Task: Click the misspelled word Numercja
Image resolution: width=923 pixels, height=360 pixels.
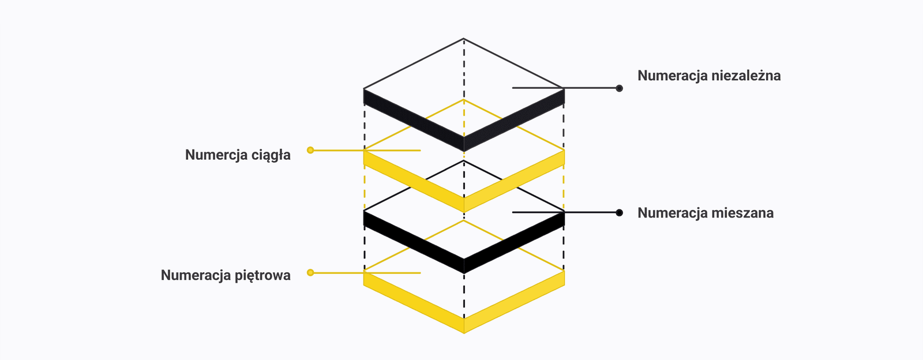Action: (216, 155)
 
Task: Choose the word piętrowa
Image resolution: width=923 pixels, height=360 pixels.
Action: (263, 275)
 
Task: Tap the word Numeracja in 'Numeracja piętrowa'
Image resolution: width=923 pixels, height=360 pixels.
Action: (196, 275)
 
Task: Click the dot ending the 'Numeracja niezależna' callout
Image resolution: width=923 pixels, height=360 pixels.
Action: (619, 88)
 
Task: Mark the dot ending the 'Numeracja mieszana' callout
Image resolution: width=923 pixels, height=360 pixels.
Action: (619, 212)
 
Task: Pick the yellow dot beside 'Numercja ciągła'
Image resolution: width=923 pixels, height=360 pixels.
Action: (310, 151)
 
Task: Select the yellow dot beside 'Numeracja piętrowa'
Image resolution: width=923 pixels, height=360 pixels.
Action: (310, 273)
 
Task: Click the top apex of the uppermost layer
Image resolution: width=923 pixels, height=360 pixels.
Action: (464, 39)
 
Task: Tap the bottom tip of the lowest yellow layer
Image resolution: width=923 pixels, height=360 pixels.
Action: (464, 333)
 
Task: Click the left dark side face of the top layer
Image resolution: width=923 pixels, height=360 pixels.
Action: (413, 120)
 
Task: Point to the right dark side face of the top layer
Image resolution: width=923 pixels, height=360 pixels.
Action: (514, 120)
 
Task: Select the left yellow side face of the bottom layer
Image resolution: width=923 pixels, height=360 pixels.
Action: (413, 302)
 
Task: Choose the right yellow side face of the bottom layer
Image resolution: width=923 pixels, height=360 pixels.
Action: (514, 302)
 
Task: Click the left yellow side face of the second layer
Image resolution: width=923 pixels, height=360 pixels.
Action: (413, 181)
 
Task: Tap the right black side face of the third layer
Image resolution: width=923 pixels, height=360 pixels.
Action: (514, 242)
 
